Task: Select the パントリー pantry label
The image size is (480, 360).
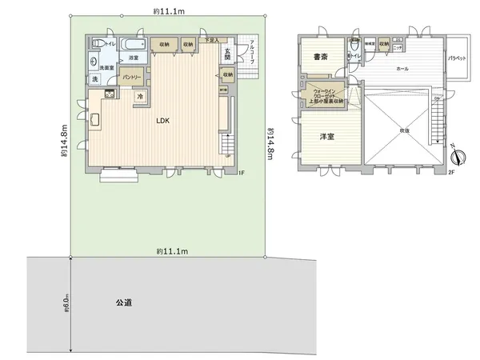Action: [132, 77]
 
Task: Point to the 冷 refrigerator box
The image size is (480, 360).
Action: [140, 97]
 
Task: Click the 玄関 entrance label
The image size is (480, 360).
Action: [228, 54]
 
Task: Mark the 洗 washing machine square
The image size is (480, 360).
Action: [94, 80]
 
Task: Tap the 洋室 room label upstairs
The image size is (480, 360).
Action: [326, 137]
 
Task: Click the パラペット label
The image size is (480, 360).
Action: [457, 58]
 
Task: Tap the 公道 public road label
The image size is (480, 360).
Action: [123, 303]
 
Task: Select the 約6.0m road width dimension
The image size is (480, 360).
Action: [66, 303]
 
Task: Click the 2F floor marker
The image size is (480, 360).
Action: [451, 172]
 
